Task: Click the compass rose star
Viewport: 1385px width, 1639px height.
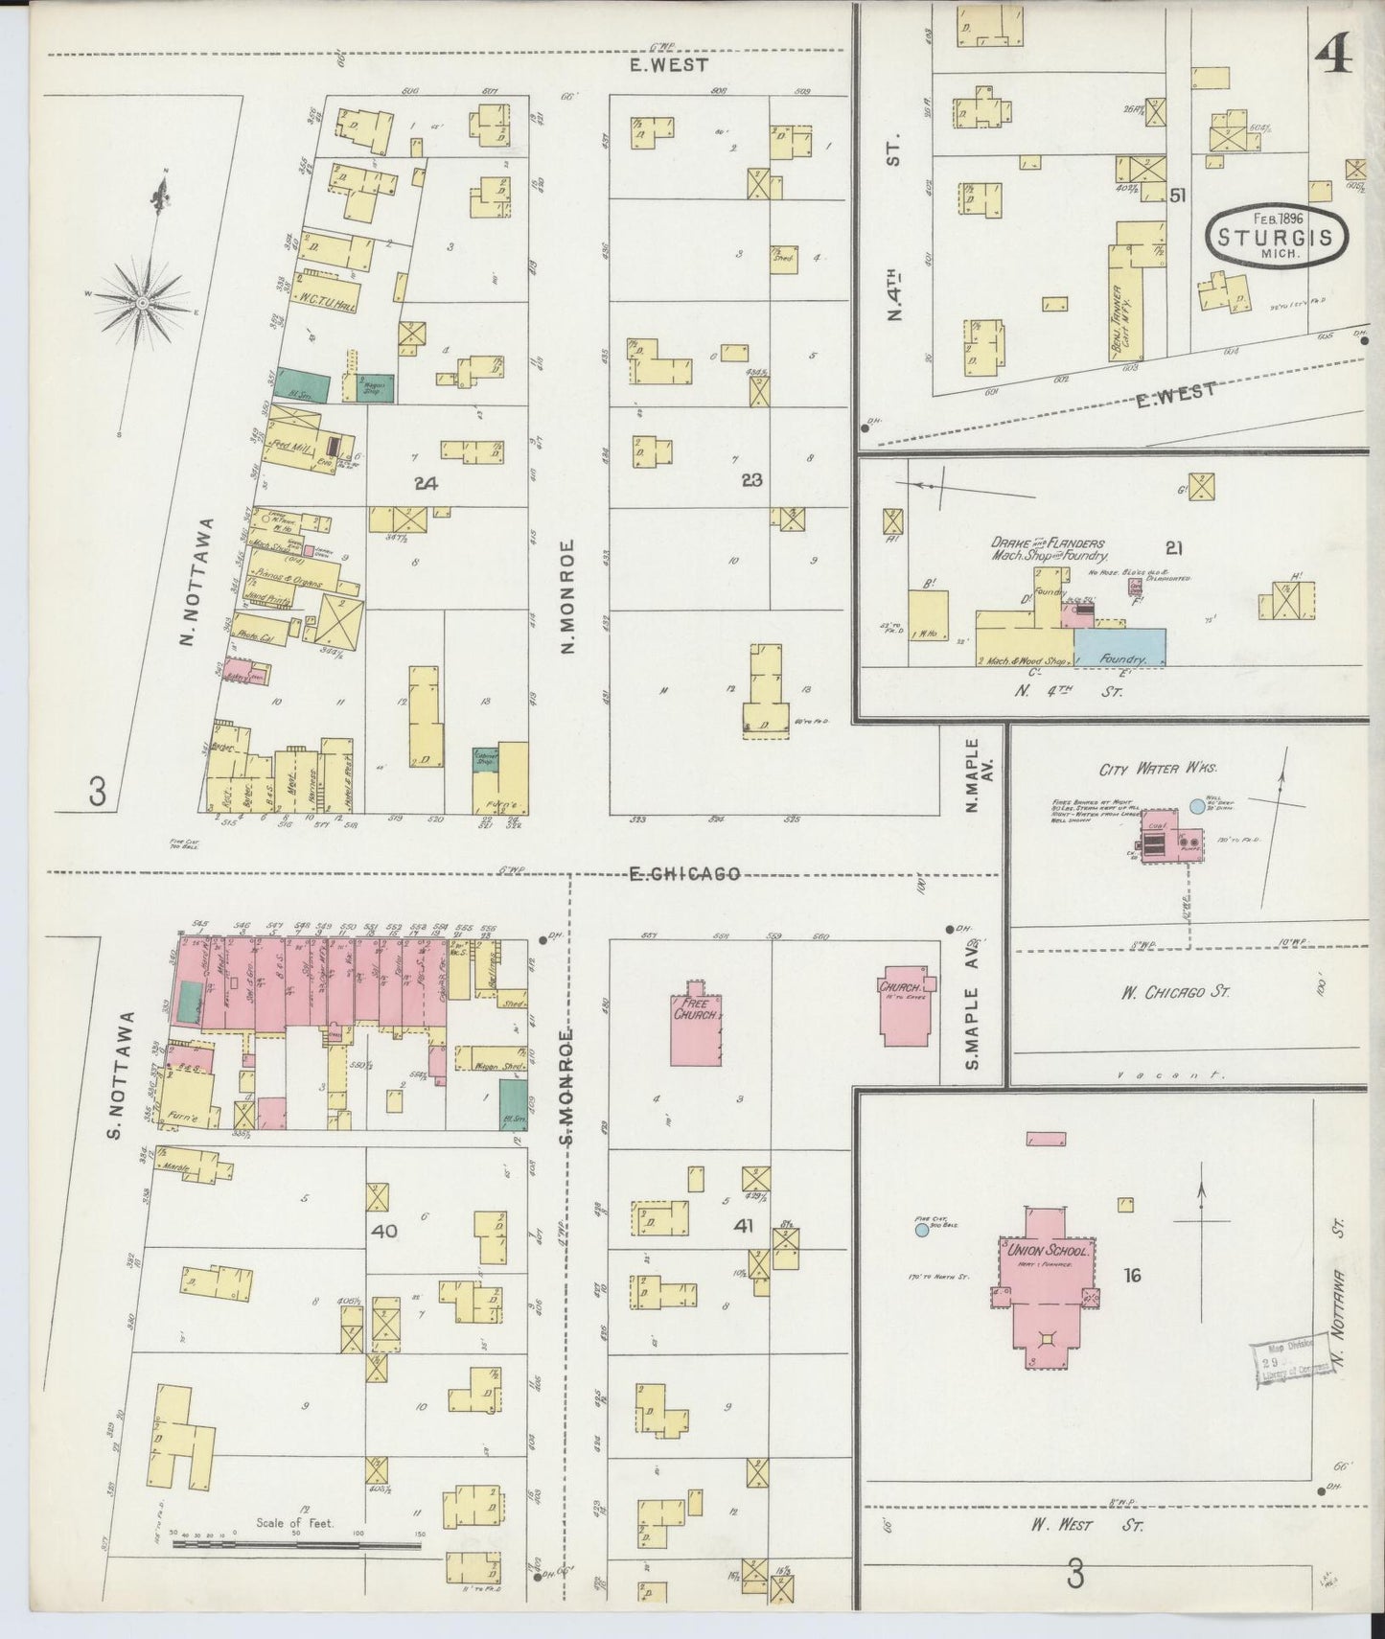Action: click(x=141, y=302)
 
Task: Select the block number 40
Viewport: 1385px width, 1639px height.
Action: click(x=383, y=1230)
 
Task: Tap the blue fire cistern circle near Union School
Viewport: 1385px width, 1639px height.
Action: click(x=921, y=1229)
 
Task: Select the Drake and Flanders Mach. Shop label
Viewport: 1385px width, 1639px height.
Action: click(x=1050, y=548)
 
